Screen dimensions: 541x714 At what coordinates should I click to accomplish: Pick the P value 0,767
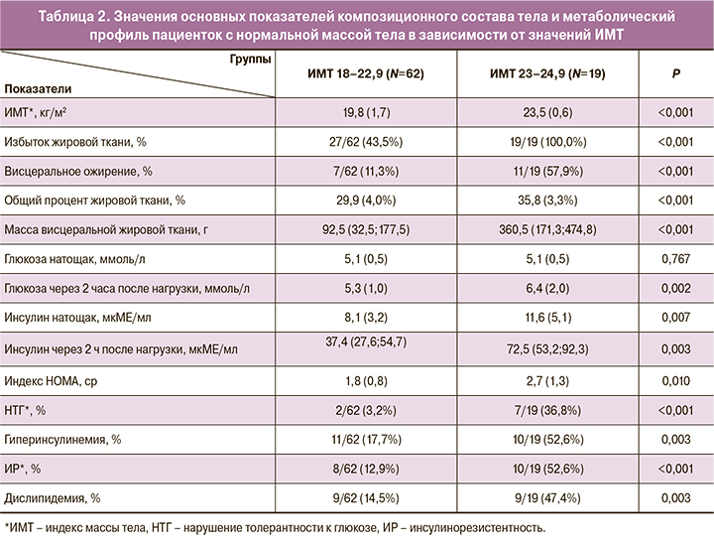click(674, 260)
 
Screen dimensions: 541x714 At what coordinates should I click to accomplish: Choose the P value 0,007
click(674, 319)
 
